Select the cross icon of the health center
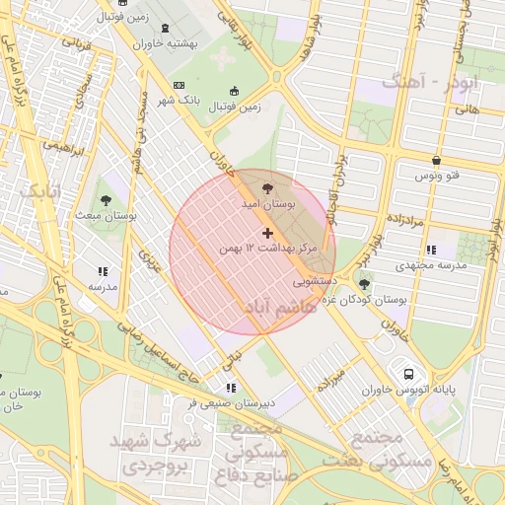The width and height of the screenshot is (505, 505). (x=267, y=232)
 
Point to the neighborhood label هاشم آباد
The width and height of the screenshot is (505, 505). (x=280, y=308)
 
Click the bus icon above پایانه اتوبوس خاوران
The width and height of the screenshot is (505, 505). (x=408, y=374)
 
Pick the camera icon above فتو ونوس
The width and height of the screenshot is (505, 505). (x=436, y=160)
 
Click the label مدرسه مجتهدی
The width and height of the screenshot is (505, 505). (x=429, y=265)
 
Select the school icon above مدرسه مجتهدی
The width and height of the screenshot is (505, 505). (x=431, y=249)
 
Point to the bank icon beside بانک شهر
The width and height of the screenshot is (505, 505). (x=179, y=86)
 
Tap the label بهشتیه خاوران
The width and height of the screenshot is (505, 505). (x=163, y=44)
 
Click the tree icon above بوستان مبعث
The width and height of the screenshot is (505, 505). (x=107, y=196)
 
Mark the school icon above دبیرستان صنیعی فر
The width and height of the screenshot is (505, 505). (x=231, y=388)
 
